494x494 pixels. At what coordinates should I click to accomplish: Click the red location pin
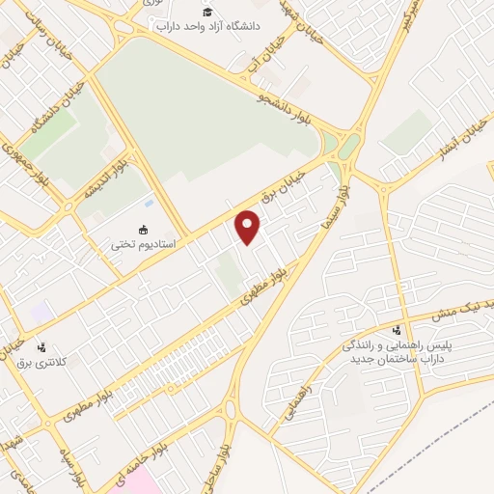click(x=249, y=228)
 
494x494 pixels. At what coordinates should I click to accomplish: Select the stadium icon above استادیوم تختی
click(x=144, y=230)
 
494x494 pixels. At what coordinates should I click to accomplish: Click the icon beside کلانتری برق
click(x=41, y=347)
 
